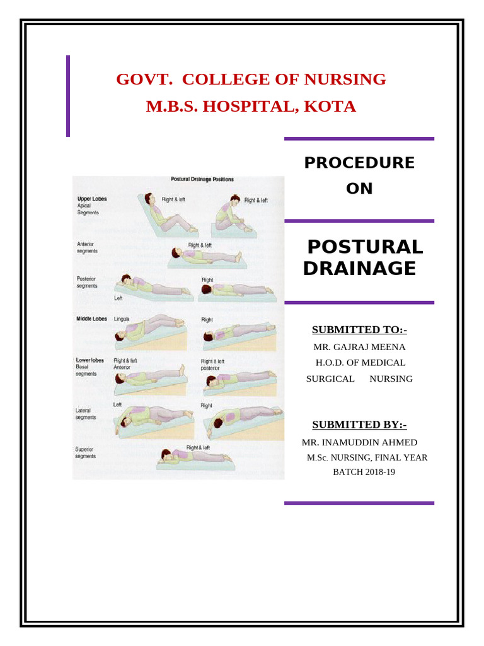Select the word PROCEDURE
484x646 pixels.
point(359,163)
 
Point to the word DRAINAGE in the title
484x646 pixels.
point(359,269)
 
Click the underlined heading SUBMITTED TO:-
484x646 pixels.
point(359,330)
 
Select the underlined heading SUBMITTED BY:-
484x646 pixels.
point(359,425)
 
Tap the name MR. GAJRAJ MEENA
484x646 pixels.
point(359,347)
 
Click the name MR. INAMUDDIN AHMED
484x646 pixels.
point(359,442)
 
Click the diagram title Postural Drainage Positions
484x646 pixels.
point(202,179)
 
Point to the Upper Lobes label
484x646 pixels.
point(91,199)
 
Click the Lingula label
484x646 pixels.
point(122,319)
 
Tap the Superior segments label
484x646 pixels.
point(86,452)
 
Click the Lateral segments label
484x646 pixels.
point(86,413)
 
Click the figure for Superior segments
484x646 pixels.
point(192,457)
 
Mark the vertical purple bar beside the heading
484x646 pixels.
point(68,96)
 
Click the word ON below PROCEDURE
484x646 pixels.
point(359,189)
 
